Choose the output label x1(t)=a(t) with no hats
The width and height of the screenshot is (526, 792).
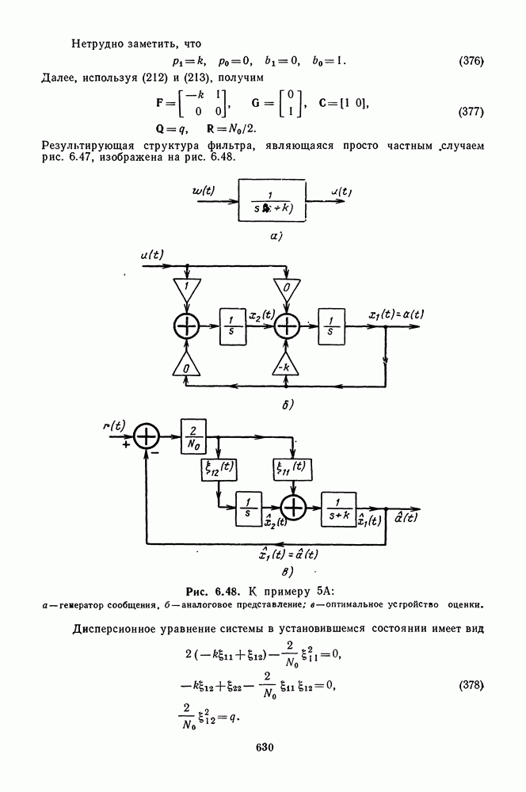[396, 314]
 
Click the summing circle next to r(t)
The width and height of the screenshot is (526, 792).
[147, 436]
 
